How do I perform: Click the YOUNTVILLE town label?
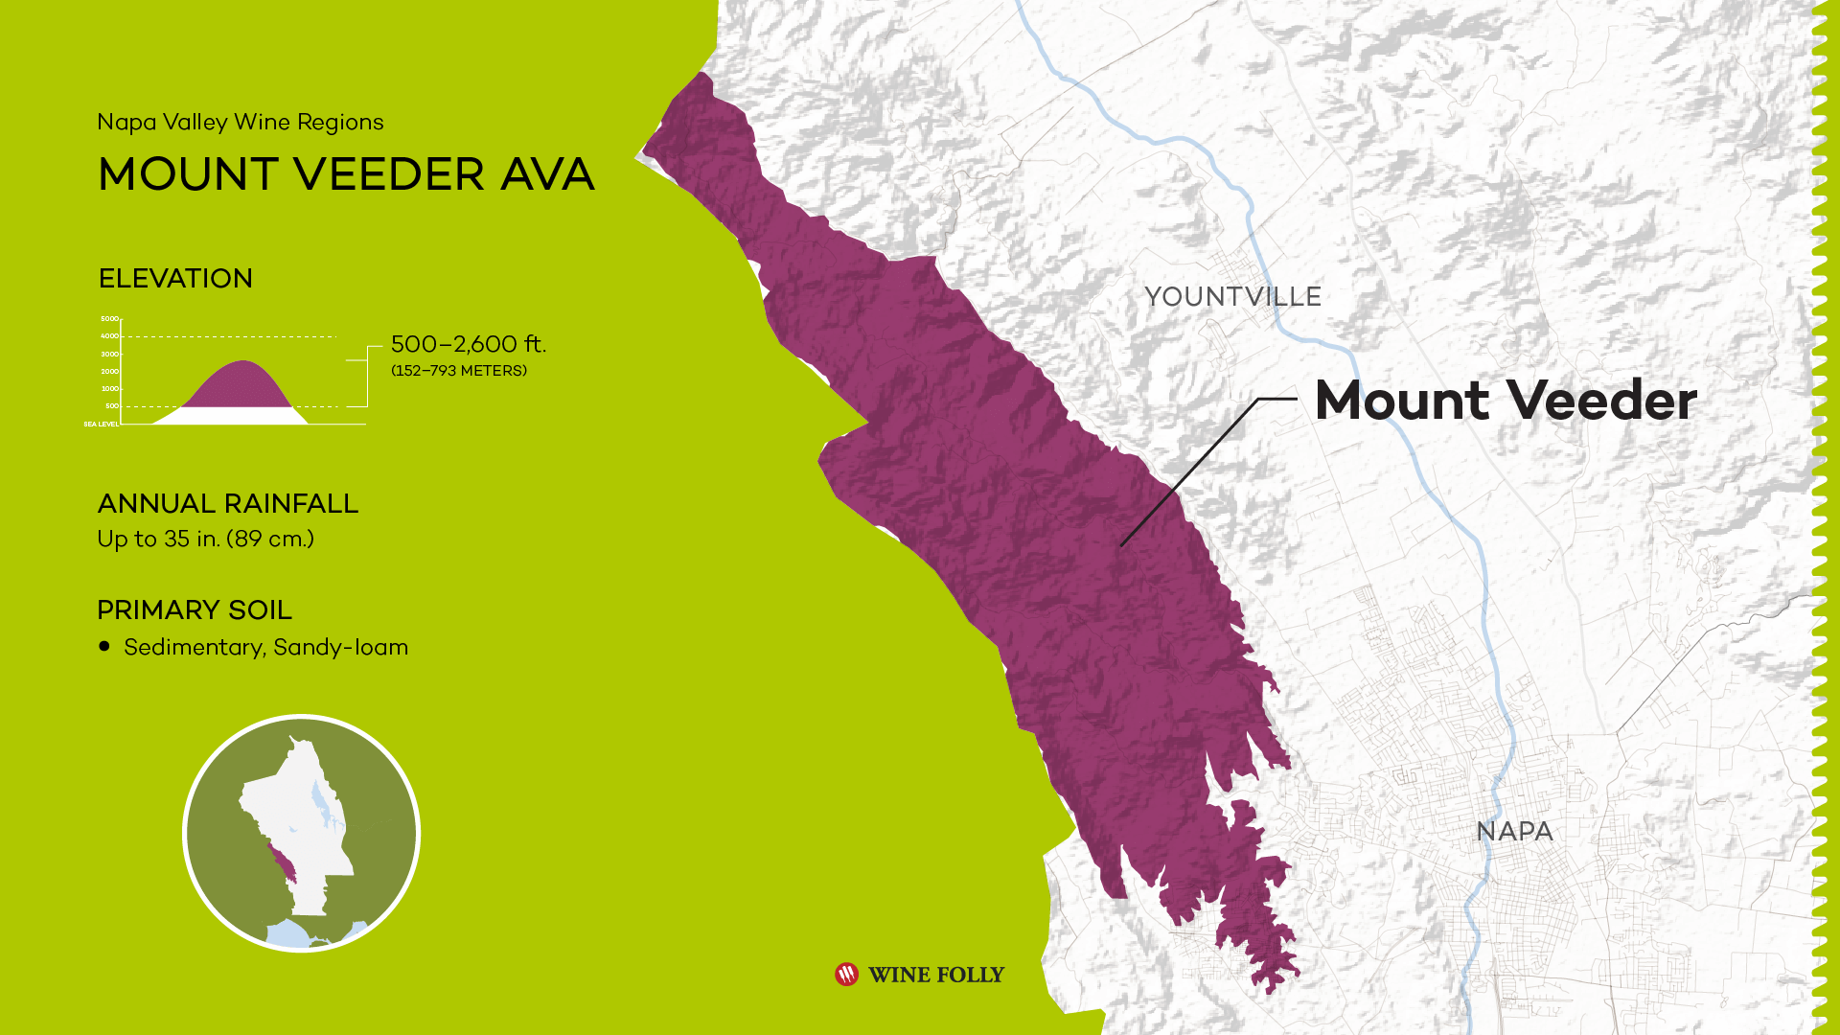(x=1232, y=297)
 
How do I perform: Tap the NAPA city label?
(x=1514, y=832)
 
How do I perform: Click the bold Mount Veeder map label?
(x=1506, y=401)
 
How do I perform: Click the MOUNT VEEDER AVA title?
(x=346, y=174)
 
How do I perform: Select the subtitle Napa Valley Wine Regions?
(x=241, y=123)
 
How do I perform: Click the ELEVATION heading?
(x=175, y=279)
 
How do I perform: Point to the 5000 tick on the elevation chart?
(x=110, y=319)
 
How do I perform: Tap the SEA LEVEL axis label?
(x=101, y=424)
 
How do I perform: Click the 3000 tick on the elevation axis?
(x=110, y=355)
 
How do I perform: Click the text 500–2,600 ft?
(x=468, y=344)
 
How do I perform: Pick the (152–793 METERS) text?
(x=458, y=371)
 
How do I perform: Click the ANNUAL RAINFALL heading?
(x=228, y=504)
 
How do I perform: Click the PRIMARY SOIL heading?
(x=195, y=610)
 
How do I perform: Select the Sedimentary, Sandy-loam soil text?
(x=265, y=648)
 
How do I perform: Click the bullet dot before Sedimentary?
(x=104, y=647)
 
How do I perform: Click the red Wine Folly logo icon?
(x=846, y=975)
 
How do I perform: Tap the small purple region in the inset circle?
(x=284, y=863)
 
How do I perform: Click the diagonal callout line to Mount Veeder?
(x=1188, y=474)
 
